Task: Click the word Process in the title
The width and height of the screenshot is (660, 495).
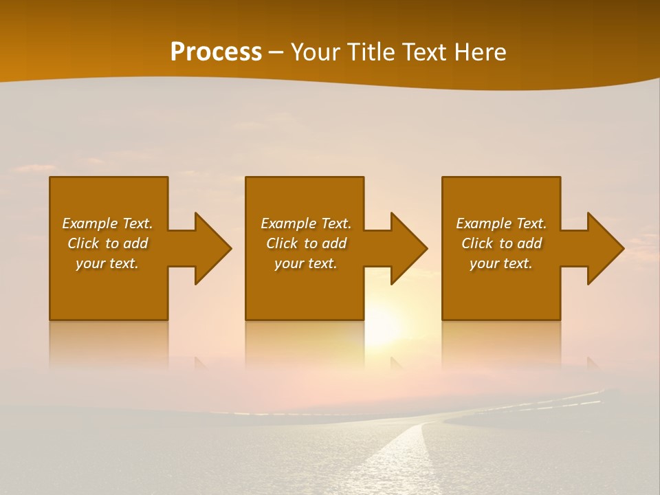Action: [216, 52]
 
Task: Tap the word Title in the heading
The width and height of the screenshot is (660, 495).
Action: [370, 52]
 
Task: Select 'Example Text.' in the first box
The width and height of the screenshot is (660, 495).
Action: [107, 223]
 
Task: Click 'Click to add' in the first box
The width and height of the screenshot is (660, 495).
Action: [107, 243]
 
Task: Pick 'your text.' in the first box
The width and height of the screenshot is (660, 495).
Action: [107, 263]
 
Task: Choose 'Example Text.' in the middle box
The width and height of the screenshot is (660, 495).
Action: [305, 223]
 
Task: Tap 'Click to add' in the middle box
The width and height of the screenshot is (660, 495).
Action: [305, 243]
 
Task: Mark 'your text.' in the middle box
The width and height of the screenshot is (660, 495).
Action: [305, 263]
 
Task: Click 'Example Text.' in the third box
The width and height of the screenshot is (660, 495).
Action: [501, 223]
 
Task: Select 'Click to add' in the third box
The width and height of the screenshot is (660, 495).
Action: [501, 243]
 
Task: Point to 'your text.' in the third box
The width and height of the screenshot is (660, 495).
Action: [501, 263]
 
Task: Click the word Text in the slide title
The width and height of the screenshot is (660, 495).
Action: [421, 52]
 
